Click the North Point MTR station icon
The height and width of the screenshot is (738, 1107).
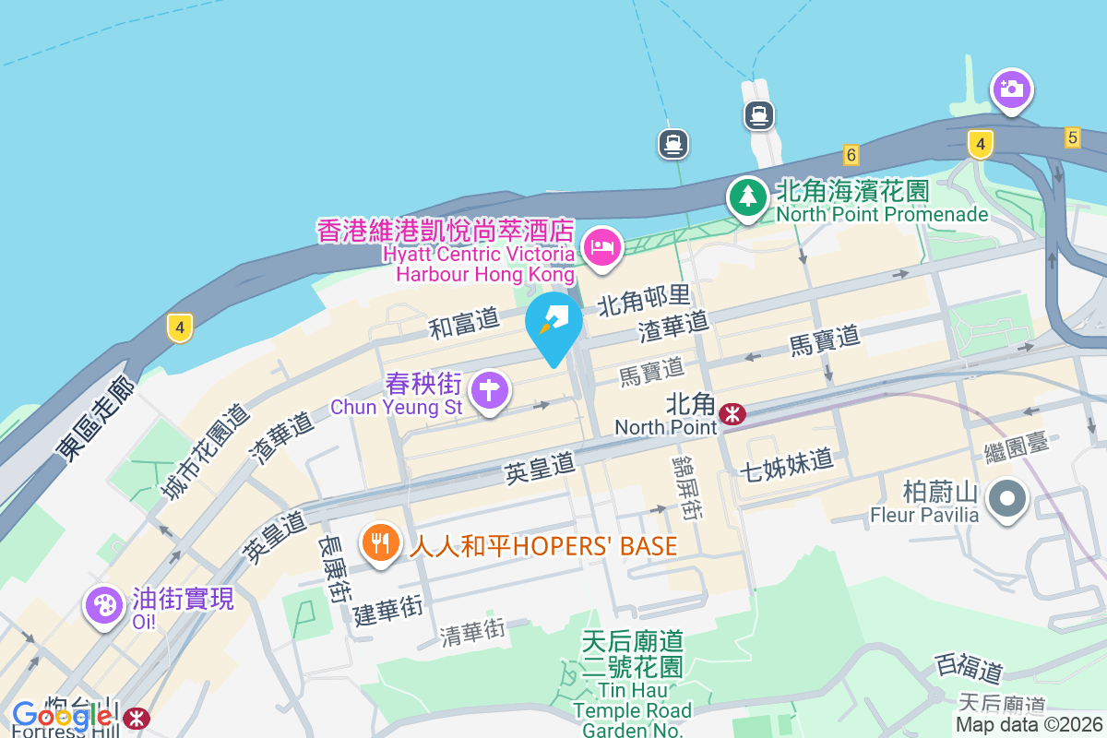[732, 413]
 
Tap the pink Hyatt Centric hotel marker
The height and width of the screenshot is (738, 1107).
[603, 246]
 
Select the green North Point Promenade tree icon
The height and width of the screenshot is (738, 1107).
[747, 196]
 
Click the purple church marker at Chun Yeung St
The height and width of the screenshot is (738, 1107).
[490, 391]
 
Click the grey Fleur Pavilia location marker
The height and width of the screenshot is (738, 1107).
[1007, 499]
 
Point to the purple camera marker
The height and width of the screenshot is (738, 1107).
[1012, 89]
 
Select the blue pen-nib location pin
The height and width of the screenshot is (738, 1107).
[553, 322]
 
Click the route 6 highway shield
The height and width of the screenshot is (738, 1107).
[851, 155]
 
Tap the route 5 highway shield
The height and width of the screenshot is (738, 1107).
[1071, 137]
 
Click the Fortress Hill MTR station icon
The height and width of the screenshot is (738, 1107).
[137, 717]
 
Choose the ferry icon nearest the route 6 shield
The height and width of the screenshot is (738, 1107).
[759, 115]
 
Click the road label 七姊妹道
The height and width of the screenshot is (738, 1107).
[786, 464]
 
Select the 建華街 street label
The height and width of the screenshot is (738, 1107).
[388, 610]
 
